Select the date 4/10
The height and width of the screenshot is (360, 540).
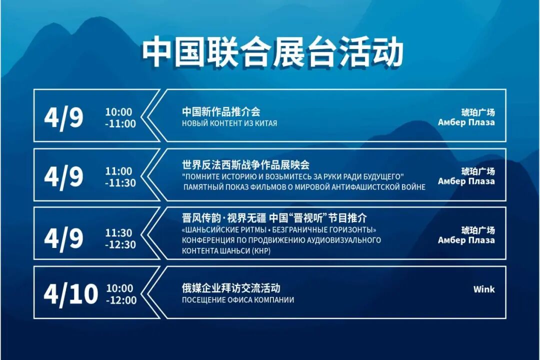point(70,293)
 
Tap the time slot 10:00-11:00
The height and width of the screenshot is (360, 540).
point(120,118)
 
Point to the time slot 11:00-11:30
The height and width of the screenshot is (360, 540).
point(120,177)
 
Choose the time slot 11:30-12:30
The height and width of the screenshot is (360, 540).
point(120,239)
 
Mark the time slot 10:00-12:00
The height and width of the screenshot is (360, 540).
point(120,294)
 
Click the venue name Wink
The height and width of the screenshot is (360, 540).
point(483,289)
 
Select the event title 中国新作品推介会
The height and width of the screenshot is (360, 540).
point(221,111)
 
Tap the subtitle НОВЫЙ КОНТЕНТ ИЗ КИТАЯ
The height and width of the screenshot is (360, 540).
point(229,123)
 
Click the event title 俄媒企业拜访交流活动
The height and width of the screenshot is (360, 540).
point(231,288)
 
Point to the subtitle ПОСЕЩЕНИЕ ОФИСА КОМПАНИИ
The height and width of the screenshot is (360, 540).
point(237,300)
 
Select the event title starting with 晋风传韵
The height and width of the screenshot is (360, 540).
point(274,218)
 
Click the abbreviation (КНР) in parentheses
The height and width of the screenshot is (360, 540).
point(261,251)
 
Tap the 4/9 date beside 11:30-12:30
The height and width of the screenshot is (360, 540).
point(63,238)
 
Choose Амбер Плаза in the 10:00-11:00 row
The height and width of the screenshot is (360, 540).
point(466,122)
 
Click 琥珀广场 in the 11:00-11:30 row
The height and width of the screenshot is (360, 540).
point(477,171)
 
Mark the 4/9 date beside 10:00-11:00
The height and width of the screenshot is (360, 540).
point(63,117)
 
